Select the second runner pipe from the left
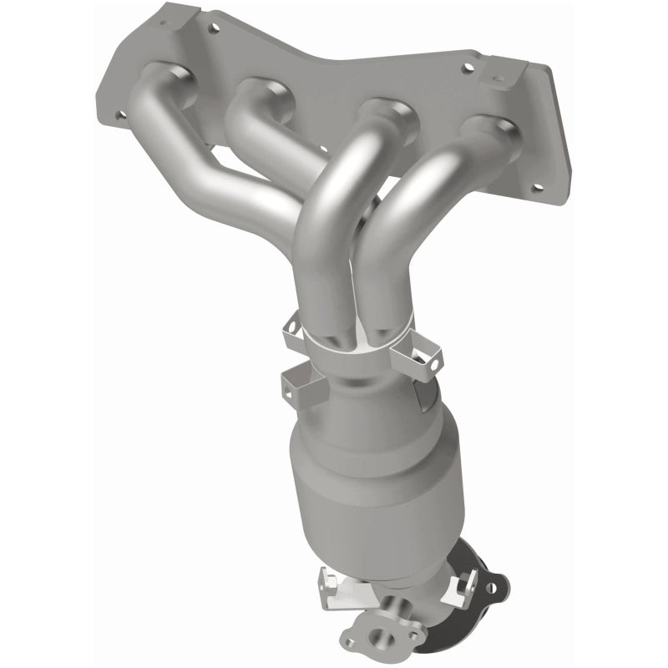point(250,125)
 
